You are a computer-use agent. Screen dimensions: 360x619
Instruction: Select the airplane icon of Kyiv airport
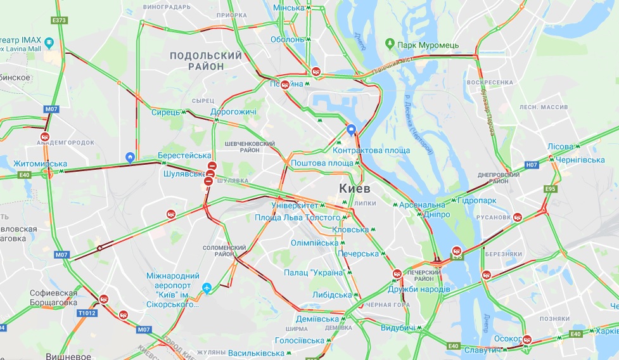point(206,288)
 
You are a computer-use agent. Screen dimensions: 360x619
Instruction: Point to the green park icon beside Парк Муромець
point(390,44)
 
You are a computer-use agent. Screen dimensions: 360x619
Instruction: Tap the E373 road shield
point(60,20)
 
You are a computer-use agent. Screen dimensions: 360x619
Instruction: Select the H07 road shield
point(532,165)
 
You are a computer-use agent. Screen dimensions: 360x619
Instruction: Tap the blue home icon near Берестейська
point(130,157)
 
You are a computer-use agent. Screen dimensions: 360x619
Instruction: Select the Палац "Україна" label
point(314,273)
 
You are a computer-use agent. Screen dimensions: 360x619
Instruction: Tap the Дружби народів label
point(419,289)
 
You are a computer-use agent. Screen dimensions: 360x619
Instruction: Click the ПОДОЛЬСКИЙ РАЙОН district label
point(205,61)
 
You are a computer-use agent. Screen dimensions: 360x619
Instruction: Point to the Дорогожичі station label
point(233,112)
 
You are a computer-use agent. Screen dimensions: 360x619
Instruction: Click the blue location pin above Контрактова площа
point(352,131)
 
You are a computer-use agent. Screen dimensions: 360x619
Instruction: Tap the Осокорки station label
point(507,338)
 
